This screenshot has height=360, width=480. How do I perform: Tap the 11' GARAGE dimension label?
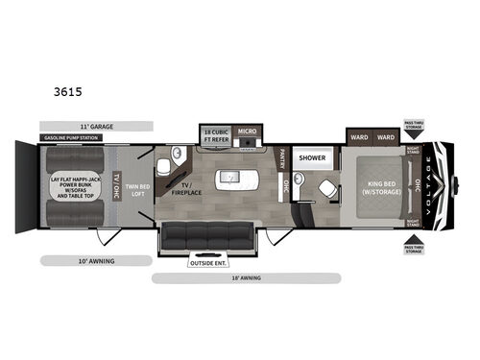click(x=96, y=126)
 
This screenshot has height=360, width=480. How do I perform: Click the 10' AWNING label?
click(x=71, y=260)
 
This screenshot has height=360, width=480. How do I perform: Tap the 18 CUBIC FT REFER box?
click(x=214, y=134)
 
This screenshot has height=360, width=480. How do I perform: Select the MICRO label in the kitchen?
click(x=248, y=132)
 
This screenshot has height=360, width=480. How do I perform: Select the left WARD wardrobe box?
click(x=360, y=136)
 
